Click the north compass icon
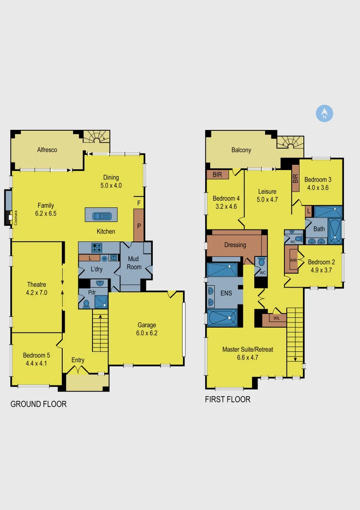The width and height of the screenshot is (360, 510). point(325,114)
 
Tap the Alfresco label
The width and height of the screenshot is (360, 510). point(47,150)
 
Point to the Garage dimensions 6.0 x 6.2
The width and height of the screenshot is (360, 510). point(147,333)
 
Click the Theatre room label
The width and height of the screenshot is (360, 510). point(36,284)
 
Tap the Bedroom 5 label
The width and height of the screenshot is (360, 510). point(36,355)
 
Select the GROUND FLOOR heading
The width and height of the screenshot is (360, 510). point(38,404)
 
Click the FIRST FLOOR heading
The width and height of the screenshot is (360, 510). point(227,399)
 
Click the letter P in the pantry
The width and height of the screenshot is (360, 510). point(139,226)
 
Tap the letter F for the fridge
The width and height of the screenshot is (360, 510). point(139,203)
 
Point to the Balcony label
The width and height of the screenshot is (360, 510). point(241,150)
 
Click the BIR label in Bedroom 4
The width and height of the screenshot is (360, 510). point(218,175)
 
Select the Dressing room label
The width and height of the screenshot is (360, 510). point(235,245)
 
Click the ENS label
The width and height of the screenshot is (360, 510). point(226,293)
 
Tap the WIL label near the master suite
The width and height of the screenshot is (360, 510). point(277,318)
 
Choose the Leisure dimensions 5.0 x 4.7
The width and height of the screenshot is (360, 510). point(267,199)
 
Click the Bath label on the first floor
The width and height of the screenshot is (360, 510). point(319,229)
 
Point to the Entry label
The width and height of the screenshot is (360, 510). point(78,360)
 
